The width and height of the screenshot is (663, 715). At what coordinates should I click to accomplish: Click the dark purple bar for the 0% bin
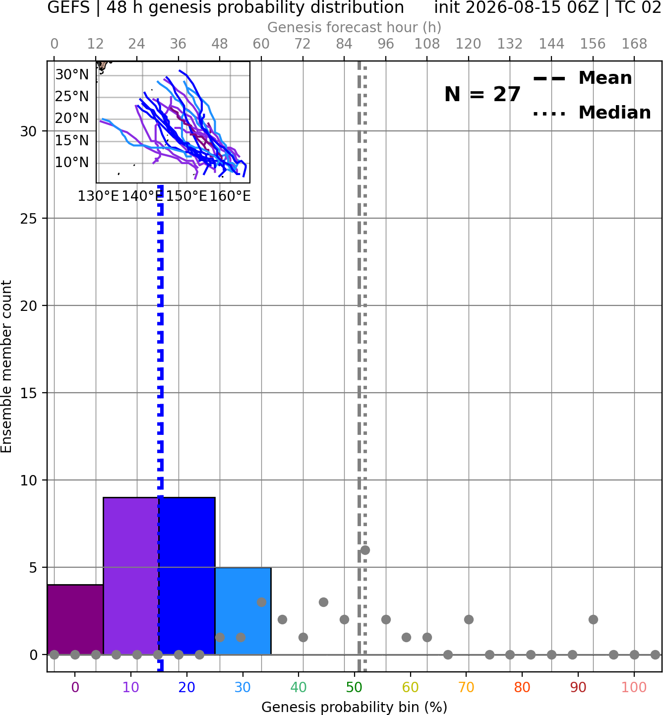tap(75, 619)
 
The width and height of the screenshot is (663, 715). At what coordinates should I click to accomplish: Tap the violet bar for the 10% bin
tap(131, 576)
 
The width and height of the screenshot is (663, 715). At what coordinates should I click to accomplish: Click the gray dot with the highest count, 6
tap(365, 550)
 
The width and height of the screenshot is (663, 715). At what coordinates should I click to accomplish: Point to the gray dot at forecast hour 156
tap(593, 620)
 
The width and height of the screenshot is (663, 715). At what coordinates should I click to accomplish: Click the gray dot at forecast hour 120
tap(469, 620)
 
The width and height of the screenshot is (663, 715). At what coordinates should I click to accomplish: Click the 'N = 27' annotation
tap(482, 94)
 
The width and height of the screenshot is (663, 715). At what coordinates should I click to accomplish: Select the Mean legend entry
tap(582, 78)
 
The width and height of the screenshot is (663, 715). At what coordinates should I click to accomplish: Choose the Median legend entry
tap(592, 113)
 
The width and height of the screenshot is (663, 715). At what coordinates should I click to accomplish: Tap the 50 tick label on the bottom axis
tap(354, 687)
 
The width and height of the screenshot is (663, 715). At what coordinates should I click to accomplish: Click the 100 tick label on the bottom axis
tap(634, 687)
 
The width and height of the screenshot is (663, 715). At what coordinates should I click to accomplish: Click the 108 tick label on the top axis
tap(427, 44)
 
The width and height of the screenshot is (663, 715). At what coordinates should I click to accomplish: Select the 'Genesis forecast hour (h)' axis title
tap(355, 27)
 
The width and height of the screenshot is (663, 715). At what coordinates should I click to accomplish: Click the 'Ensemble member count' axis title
tap(6, 366)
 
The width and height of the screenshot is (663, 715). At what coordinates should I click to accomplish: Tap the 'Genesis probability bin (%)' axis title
tap(355, 707)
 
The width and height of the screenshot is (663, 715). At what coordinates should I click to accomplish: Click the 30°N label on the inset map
tap(72, 74)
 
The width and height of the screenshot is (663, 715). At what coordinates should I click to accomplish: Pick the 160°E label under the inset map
tap(230, 196)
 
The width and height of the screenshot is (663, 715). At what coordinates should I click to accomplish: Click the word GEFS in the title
tap(68, 7)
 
